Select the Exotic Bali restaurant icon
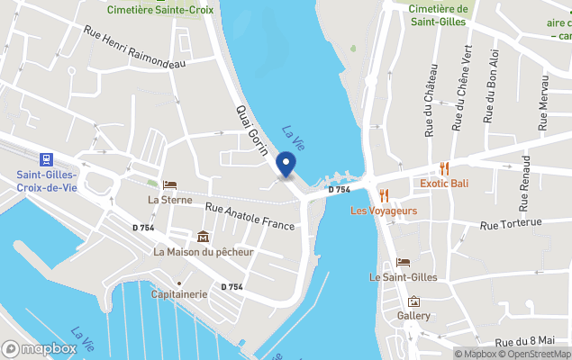tap(444, 168)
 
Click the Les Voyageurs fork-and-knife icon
tap(384, 195)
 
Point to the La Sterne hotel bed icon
tap(169, 184)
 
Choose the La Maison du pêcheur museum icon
tap(203, 237)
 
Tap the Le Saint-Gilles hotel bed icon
tap(404, 262)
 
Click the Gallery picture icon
tap(414, 301)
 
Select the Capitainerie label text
tap(179, 294)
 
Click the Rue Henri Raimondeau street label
tap(133, 47)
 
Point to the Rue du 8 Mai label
tap(532, 343)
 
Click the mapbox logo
tap(40, 348)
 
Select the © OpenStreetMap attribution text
tap(535, 354)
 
